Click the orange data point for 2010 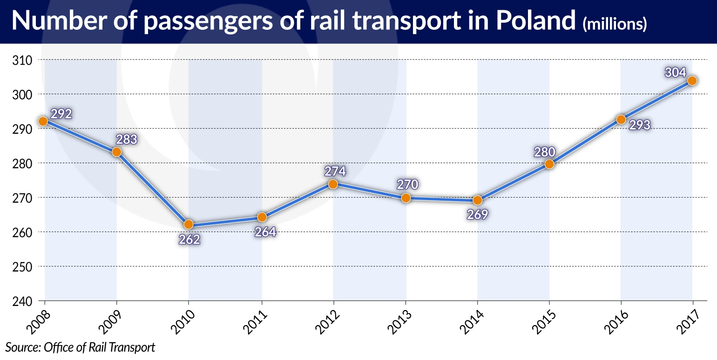(x=188, y=224)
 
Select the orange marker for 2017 (x=692, y=81)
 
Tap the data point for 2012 (x=333, y=184)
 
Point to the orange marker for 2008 (x=43, y=122)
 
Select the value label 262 (x=189, y=239)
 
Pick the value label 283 (x=127, y=139)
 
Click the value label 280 (x=545, y=152)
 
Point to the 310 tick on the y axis (x=21, y=60)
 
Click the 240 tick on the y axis (x=21, y=301)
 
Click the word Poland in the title (x=534, y=21)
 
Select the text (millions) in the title (x=614, y=24)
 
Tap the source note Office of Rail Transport (x=80, y=347)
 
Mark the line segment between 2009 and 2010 (x=153, y=188)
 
